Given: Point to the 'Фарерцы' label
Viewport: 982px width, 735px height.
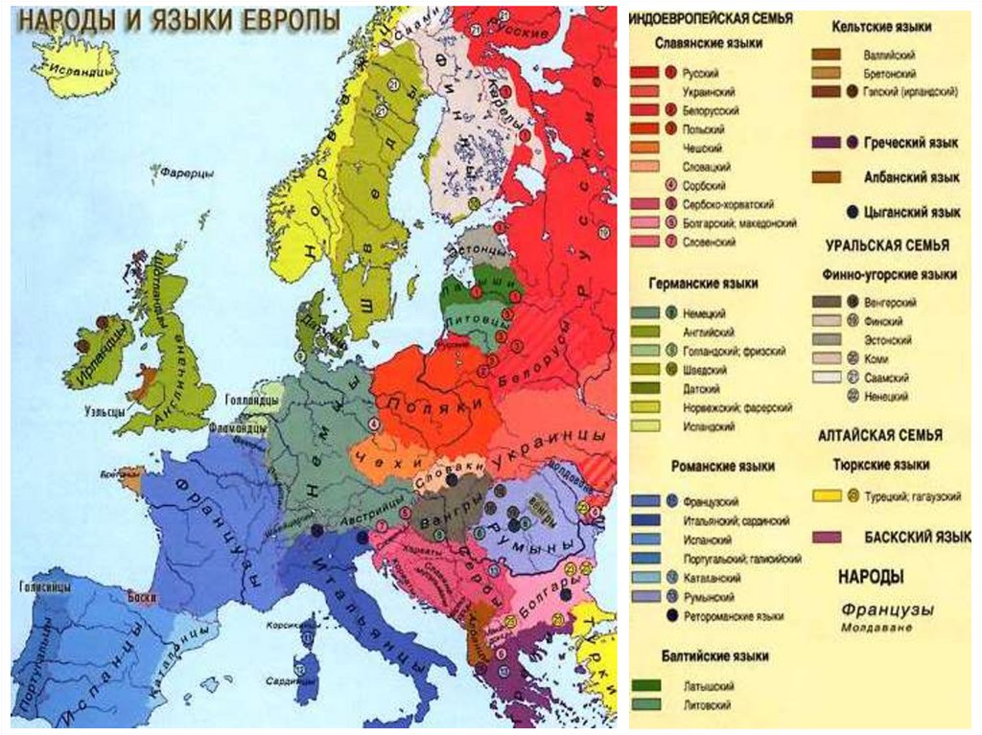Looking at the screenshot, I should click(x=175, y=176).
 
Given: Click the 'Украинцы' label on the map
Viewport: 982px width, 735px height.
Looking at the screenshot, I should click(x=549, y=448).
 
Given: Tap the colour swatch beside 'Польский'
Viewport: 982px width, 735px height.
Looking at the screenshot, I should click(x=643, y=129).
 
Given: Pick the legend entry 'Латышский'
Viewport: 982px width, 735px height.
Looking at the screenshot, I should click(x=710, y=686).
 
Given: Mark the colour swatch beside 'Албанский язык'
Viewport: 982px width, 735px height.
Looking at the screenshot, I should click(x=826, y=177).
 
